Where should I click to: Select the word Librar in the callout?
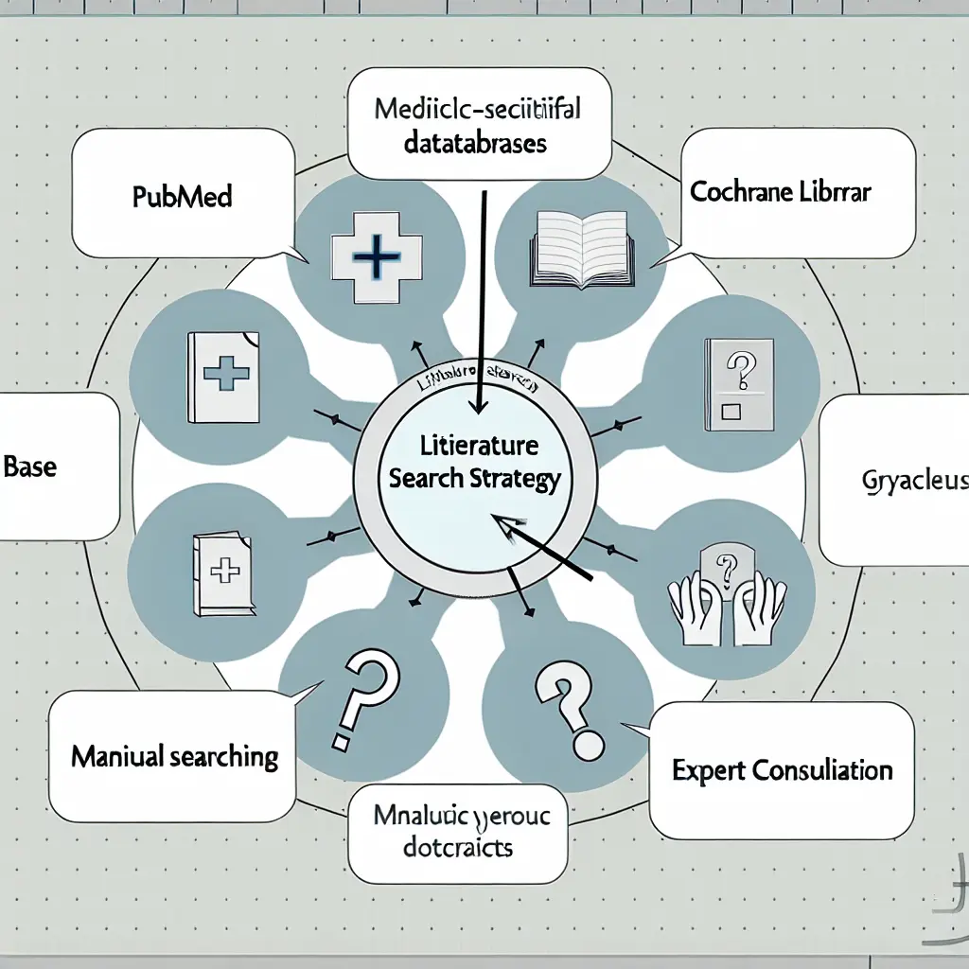pos(834,191)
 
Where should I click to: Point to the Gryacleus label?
pos(914,480)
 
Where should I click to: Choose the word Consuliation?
pos(822,769)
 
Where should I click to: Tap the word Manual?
pos(112,756)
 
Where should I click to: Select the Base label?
pos(29,467)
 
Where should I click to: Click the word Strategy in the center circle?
pos(515,479)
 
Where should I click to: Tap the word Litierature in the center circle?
pos(478,445)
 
